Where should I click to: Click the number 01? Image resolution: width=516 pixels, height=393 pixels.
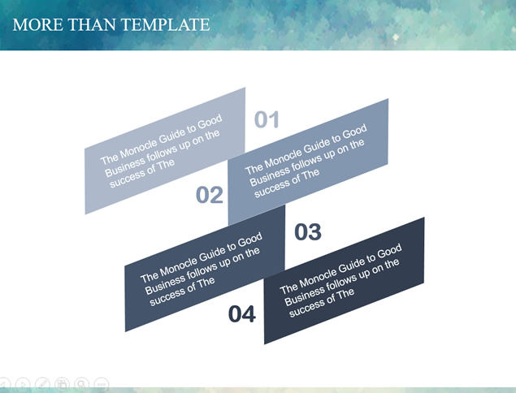tap(267, 119)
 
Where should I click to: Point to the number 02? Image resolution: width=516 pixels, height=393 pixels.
tap(210, 195)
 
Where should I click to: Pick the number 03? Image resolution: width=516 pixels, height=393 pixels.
tap(308, 232)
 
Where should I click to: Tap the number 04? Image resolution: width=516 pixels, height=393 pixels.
tap(242, 314)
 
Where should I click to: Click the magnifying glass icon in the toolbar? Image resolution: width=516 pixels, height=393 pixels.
tap(81, 384)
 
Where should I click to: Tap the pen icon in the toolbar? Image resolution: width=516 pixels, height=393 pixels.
tap(42, 384)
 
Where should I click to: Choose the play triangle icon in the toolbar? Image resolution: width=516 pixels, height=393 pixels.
tap(23, 384)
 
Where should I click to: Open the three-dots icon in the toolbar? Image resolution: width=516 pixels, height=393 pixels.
tap(102, 384)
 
